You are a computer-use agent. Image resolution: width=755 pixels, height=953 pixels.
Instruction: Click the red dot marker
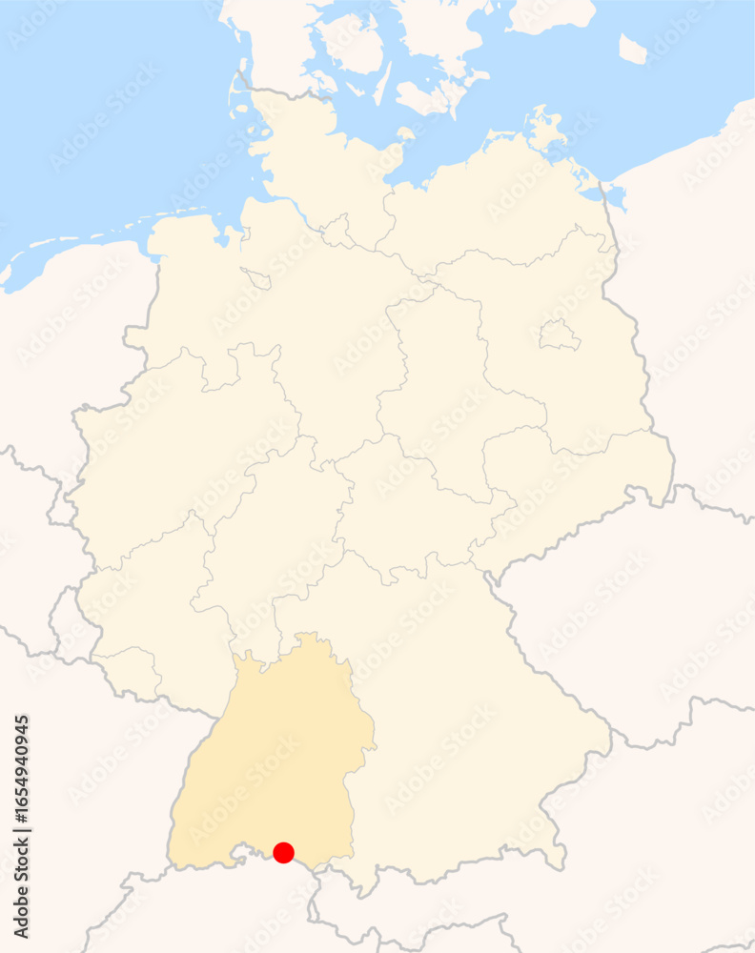[283, 852]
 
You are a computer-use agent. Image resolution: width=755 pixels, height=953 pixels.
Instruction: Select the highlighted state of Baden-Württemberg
[272, 753]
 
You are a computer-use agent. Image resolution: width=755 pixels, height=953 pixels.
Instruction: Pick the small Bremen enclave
[257, 278]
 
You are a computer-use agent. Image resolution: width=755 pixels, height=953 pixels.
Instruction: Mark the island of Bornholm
[632, 48]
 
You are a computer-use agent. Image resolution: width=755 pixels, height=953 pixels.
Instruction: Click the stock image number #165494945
[22, 810]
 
